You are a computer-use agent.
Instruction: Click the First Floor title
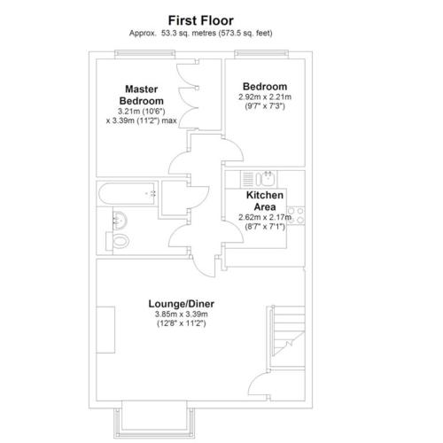click(201, 20)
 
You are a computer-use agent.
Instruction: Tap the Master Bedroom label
click(142, 95)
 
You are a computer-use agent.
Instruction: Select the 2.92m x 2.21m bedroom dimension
click(265, 97)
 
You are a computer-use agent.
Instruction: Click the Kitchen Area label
click(265, 201)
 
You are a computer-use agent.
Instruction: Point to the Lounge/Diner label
click(182, 304)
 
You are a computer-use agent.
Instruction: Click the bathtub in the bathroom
click(127, 194)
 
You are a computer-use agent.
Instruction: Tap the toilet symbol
click(118, 241)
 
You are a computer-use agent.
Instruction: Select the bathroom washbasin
click(120, 221)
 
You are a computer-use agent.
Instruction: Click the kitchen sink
click(266, 179)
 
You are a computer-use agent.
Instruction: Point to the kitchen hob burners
click(296, 215)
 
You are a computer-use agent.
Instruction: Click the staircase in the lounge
click(288, 337)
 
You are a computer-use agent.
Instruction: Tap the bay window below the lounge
click(154, 419)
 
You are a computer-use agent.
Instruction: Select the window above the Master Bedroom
click(144, 53)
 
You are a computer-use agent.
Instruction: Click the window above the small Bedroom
click(261, 53)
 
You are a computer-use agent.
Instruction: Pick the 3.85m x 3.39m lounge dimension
click(182, 314)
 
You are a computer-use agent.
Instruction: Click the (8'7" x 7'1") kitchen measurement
click(265, 227)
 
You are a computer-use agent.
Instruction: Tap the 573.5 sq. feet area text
click(245, 33)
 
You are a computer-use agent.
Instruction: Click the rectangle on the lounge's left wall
click(105, 330)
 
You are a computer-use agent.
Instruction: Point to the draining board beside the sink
click(247, 179)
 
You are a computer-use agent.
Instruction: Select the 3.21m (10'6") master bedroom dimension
click(142, 112)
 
